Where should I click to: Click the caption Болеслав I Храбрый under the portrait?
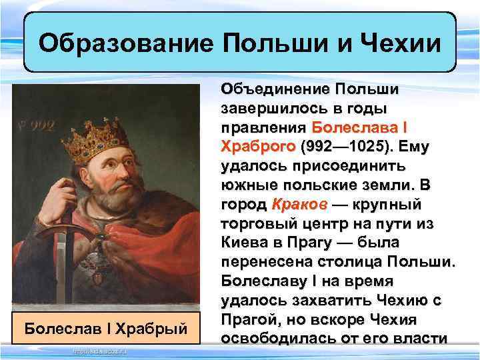105,329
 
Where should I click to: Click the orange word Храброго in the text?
259,145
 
